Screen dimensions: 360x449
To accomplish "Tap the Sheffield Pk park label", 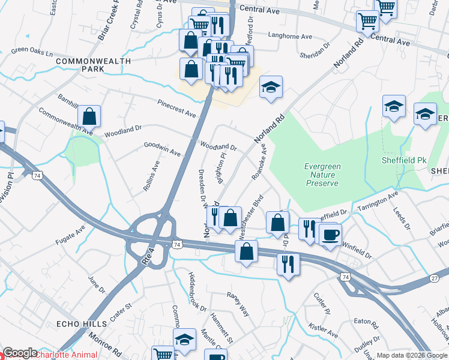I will (403, 160).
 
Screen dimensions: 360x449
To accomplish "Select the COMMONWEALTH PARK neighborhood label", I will (88, 65).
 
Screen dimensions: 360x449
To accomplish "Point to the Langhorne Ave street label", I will (290, 37).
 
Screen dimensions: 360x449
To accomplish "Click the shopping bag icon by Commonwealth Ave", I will (89, 115).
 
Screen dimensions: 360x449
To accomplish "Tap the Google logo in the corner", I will (20, 353).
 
